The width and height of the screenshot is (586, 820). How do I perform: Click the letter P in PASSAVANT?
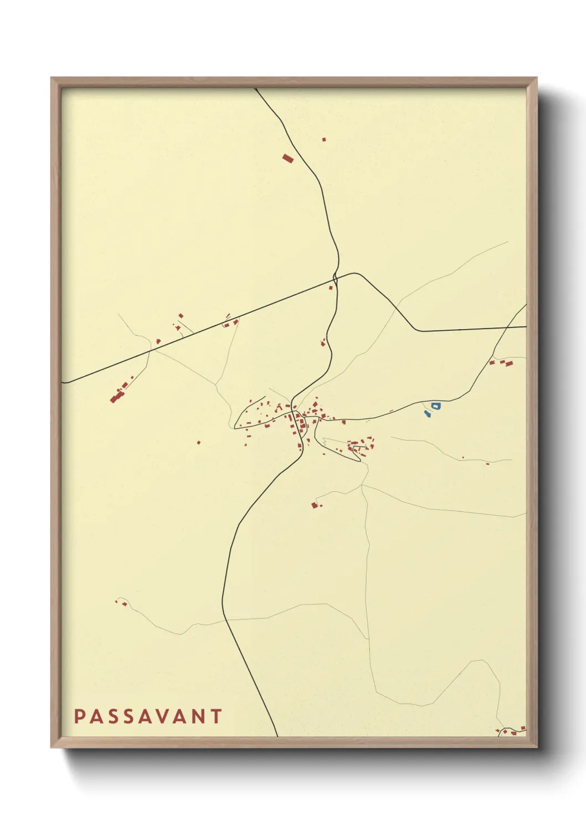pyautogui.click(x=79, y=716)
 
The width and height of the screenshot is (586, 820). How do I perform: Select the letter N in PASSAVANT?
pyautogui.click(x=197, y=716)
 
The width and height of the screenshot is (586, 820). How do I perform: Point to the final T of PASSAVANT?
pyautogui.click(x=216, y=716)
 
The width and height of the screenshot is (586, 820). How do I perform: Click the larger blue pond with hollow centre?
pyautogui.click(x=436, y=406)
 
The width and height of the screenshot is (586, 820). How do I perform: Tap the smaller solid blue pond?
pyautogui.click(x=427, y=413)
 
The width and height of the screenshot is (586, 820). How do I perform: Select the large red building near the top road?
pyautogui.click(x=287, y=158)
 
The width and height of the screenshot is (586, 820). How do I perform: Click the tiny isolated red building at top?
pyautogui.click(x=324, y=140)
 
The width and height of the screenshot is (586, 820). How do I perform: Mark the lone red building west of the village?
pyautogui.click(x=199, y=443)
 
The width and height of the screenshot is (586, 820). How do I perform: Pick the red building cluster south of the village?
pyautogui.click(x=315, y=505)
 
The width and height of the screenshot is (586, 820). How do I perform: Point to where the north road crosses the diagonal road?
pyautogui.click(x=336, y=276)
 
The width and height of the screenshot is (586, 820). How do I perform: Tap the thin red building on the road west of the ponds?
pyautogui.click(x=391, y=411)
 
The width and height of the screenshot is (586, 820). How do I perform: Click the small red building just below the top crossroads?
pyautogui.click(x=331, y=288)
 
